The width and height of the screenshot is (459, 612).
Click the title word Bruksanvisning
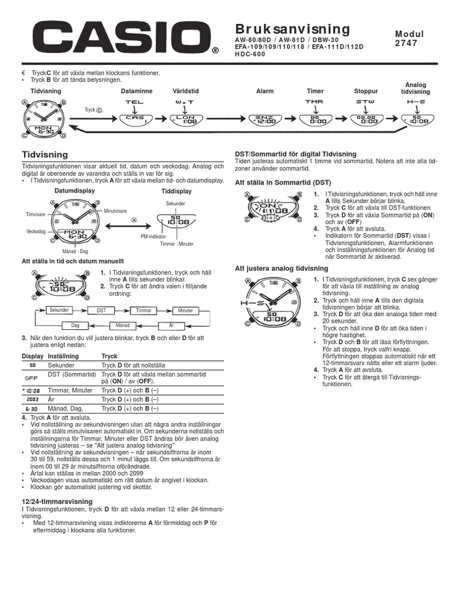(292, 29)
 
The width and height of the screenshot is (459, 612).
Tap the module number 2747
(407, 44)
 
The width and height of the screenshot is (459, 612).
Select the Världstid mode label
(185, 91)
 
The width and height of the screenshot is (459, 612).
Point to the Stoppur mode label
(366, 91)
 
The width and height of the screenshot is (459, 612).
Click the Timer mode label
(315, 91)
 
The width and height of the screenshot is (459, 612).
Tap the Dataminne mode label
(136, 91)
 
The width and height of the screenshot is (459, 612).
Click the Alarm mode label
(265, 91)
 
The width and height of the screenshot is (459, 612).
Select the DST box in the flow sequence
(101, 310)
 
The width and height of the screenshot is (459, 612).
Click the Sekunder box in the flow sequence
(59, 310)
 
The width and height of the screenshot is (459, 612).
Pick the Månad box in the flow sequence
(123, 325)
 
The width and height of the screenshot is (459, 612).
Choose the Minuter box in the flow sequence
(185, 310)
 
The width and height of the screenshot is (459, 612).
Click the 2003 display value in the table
(32, 399)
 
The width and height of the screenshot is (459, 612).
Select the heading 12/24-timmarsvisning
(57, 501)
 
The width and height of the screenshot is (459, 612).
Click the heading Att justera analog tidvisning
(281, 268)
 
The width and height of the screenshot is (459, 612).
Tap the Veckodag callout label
(36, 231)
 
